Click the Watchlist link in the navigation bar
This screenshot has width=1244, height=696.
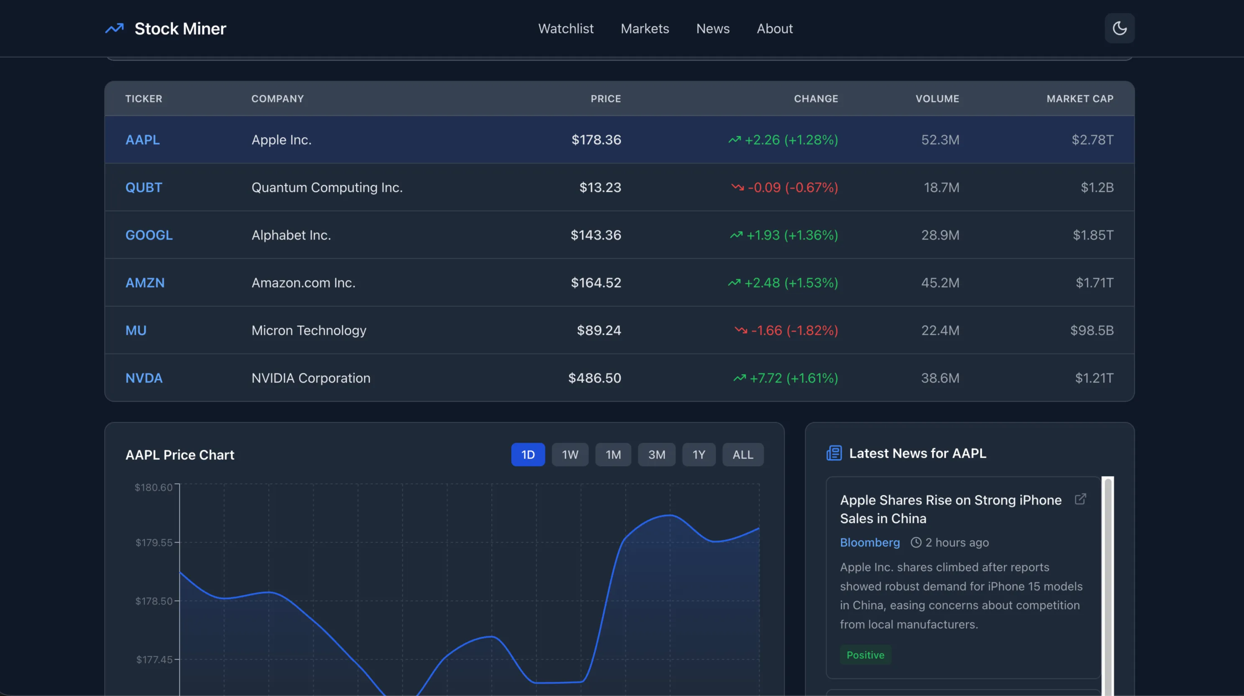pos(566,28)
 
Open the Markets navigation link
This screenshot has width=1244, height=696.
pos(645,28)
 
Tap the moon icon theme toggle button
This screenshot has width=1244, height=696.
pos(1119,28)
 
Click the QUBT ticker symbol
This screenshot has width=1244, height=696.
pos(143,187)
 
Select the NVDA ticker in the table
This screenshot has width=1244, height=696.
pos(143,378)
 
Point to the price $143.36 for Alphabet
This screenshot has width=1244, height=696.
pos(596,235)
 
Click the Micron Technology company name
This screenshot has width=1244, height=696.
pos(309,331)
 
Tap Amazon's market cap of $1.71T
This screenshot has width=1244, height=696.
pos(1094,283)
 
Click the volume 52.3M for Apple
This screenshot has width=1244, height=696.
pos(940,140)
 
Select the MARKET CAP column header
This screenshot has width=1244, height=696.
pos(1079,99)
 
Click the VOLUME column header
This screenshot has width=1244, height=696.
pos(937,99)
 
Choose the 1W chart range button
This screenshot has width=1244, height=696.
pos(570,455)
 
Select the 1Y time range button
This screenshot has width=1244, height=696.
pos(698,455)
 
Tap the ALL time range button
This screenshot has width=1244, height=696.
pos(742,455)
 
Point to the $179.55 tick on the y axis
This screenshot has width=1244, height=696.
pos(154,543)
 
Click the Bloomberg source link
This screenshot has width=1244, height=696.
pos(869,543)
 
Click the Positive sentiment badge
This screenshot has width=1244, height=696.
pos(865,655)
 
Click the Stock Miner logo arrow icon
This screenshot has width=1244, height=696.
pos(115,28)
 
